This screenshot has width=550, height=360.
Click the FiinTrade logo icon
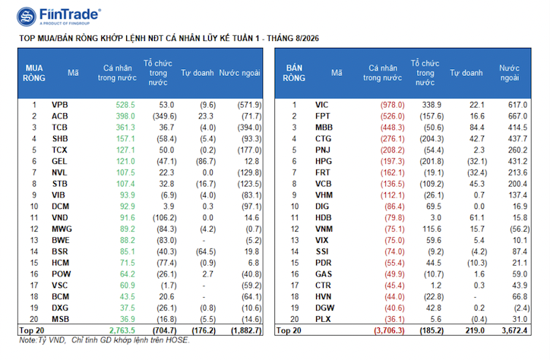pyautogui.click(x=27, y=17)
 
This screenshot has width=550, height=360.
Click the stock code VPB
pyautogui.click(x=59, y=105)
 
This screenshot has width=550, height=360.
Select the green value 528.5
pyautogui.click(x=125, y=105)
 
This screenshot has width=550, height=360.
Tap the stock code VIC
pyautogui.click(x=321, y=105)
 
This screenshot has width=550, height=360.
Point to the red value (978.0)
pyautogui.click(x=393, y=105)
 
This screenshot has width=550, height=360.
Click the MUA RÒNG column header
pyautogui.click(x=34, y=73)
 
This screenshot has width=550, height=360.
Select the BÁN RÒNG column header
pyautogui.click(x=294, y=73)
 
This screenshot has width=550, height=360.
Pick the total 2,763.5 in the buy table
pyautogui.click(x=122, y=330)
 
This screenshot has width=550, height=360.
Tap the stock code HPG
pyautogui.click(x=324, y=161)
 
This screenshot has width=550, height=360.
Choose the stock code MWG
pyautogui.click(x=62, y=229)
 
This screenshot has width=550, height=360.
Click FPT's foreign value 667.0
pyautogui.click(x=517, y=116)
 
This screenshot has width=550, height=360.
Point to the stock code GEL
pyautogui.click(x=59, y=161)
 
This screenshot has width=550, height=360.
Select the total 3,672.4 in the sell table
pyautogui.click(x=514, y=330)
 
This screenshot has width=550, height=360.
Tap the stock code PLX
pyautogui.click(x=323, y=319)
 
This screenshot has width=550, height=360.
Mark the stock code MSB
pyautogui.click(x=60, y=319)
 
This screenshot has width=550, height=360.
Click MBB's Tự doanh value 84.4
pyautogui.click(x=477, y=128)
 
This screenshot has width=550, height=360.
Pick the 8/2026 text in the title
pyautogui.click(x=307, y=38)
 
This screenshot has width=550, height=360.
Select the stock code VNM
pyautogui.click(x=324, y=229)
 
